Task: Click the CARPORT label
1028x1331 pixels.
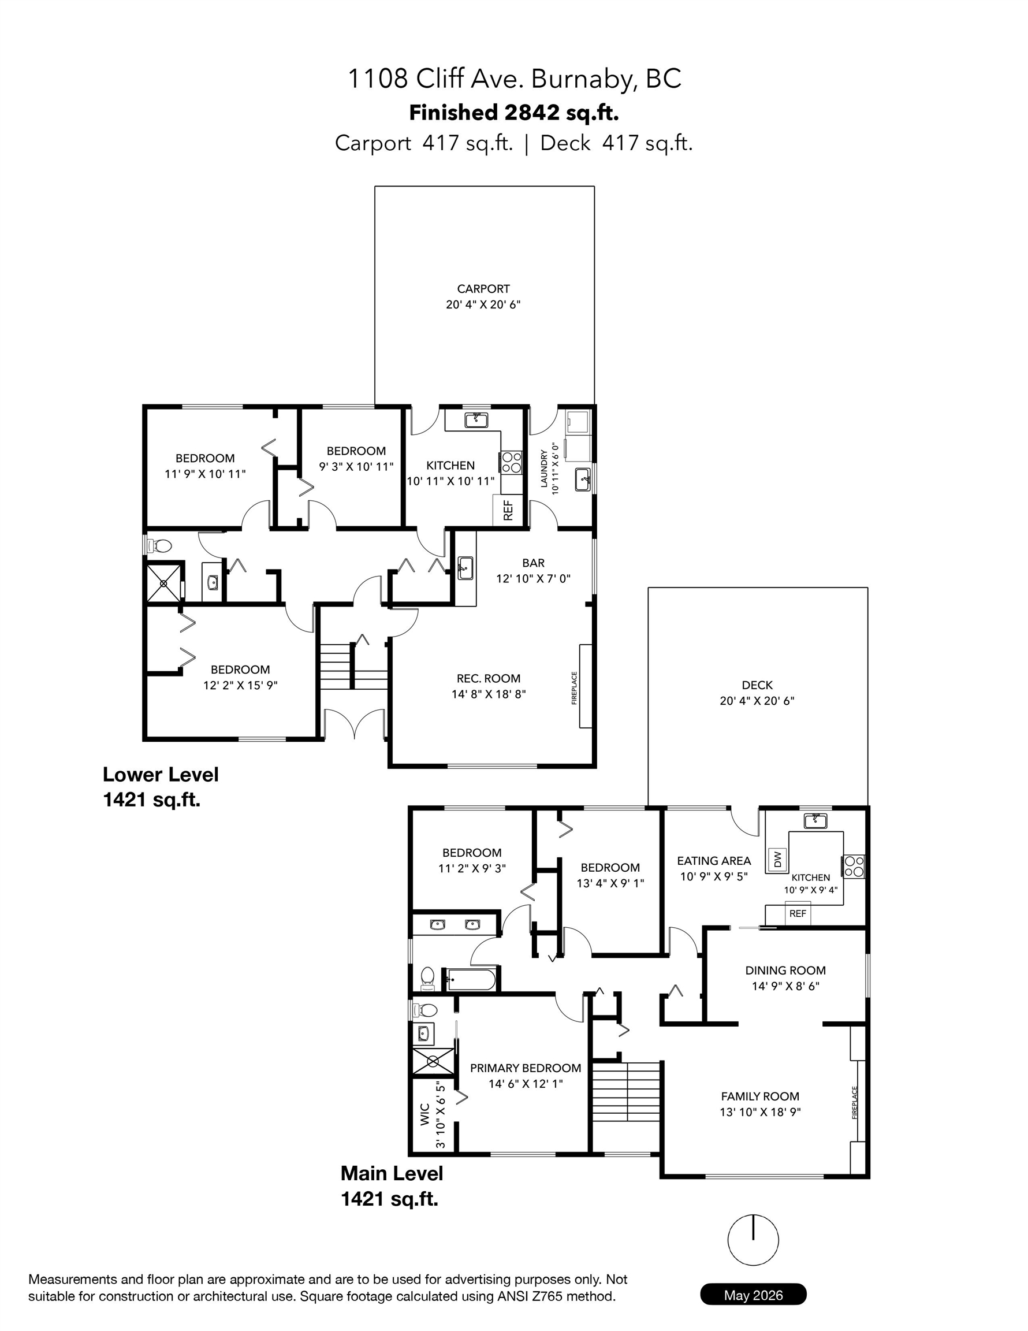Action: (483, 289)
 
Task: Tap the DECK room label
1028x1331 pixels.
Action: (757, 685)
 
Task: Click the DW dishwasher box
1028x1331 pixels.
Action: (777, 860)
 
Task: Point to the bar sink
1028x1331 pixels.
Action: (465, 567)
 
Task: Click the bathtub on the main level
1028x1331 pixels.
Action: (471, 980)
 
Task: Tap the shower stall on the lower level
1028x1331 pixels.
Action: (163, 583)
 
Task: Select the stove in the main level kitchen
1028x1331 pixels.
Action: (854, 866)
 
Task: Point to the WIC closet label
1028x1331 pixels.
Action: (425, 1114)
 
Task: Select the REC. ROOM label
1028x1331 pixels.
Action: (489, 678)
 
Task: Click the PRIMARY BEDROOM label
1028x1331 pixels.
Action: (526, 1068)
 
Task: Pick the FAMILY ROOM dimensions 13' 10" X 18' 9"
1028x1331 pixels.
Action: (760, 1111)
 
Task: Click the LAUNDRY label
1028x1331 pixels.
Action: (544, 468)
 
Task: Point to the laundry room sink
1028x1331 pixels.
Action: (583, 479)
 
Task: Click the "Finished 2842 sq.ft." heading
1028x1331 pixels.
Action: (513, 113)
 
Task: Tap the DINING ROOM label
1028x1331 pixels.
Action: (785, 970)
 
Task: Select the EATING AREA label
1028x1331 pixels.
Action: (714, 861)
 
